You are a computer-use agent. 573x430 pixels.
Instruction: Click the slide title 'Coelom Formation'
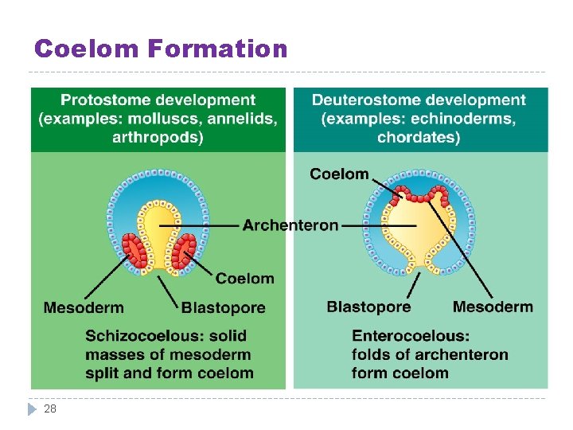[x=161, y=49]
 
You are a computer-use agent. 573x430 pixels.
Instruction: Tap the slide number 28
[x=50, y=408]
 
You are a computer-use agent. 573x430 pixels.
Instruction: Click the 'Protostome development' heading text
[x=158, y=100]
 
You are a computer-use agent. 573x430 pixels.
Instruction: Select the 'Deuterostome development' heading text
[x=419, y=100]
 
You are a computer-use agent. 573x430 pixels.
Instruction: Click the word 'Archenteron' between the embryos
[x=290, y=225]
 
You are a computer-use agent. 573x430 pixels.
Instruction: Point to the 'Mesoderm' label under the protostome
[x=84, y=307]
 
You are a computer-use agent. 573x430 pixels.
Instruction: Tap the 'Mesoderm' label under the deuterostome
[x=493, y=307]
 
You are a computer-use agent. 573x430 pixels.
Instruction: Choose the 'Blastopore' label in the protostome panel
[x=224, y=307]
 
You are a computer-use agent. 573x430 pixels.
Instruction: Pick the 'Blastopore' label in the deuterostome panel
[x=368, y=307]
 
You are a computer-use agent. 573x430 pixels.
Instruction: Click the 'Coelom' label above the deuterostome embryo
[x=339, y=174]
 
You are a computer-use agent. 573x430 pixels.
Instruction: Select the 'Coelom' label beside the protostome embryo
[x=245, y=278]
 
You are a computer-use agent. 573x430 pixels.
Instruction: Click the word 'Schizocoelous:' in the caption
[x=166, y=336]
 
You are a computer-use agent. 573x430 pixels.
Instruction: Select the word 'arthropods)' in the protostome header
[x=158, y=137]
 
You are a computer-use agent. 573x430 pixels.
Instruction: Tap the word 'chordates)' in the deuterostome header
[x=419, y=137]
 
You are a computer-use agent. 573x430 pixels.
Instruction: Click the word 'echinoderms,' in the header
[x=464, y=119]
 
